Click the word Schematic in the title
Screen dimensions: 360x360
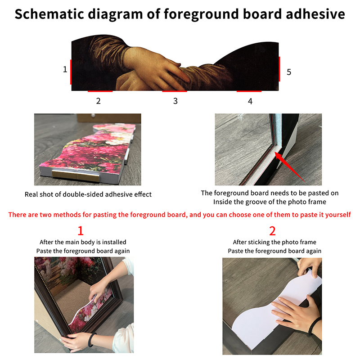point(49,14)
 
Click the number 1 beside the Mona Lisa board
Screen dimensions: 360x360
point(65,69)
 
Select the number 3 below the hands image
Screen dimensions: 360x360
point(175,101)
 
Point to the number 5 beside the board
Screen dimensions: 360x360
point(289,72)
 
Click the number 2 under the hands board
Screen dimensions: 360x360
point(98,101)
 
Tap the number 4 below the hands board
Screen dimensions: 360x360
point(250,101)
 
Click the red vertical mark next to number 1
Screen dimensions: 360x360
point(71,72)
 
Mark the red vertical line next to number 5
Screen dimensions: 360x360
point(279,69)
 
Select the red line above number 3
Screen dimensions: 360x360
point(175,91)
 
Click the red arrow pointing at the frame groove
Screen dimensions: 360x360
point(290,167)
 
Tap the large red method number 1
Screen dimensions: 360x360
point(81,230)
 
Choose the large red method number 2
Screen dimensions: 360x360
point(272,231)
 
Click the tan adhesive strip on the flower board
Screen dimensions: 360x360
point(76,176)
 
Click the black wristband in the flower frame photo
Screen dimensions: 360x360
point(92,339)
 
